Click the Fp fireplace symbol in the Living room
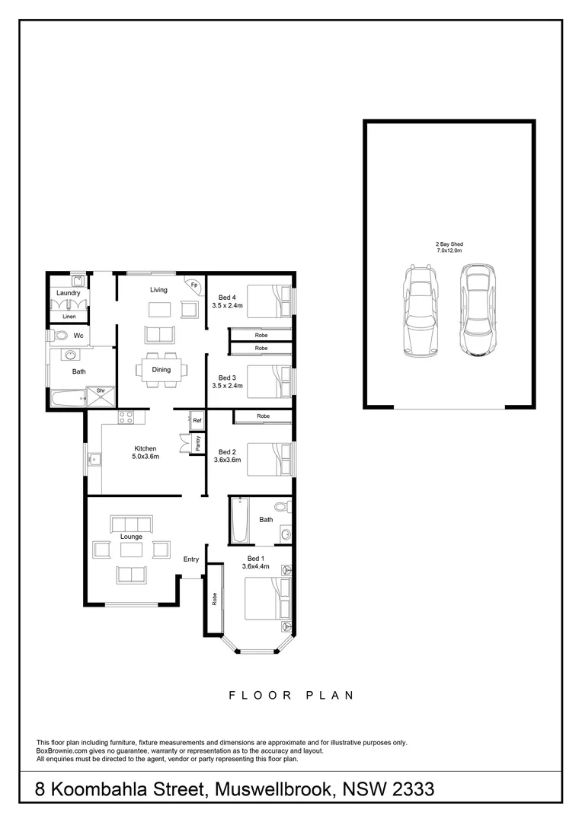(194, 285)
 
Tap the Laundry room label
(69, 292)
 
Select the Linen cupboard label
(69, 316)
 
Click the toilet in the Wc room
(58, 335)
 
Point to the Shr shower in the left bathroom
(100, 391)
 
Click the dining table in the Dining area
(160, 370)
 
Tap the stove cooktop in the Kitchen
(126, 417)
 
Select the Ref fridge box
(197, 420)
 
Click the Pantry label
(197, 444)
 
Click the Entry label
(191, 559)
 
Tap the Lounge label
(131, 537)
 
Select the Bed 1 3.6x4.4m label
(229, 562)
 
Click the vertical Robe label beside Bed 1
(215, 599)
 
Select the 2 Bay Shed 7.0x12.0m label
(449, 247)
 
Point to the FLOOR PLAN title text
(291, 695)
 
